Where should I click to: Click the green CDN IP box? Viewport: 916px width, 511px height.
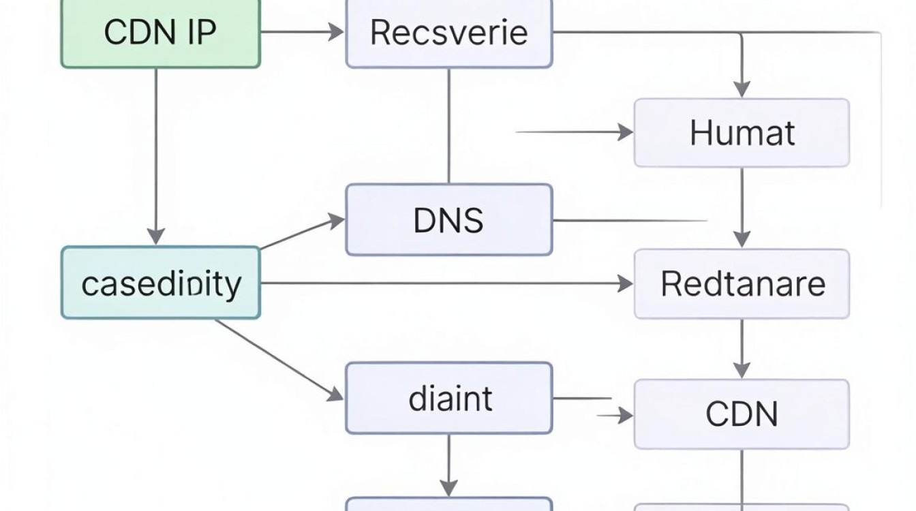point(161,33)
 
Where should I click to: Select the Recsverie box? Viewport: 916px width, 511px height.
point(449,33)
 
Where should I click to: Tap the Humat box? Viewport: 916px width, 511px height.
point(742,133)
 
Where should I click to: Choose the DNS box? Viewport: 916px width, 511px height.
point(449,220)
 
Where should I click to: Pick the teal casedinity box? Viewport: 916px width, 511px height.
point(161,283)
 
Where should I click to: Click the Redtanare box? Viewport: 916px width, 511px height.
point(742,283)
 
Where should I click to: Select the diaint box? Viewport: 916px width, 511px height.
point(449,398)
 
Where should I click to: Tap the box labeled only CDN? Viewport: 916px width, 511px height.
point(742,414)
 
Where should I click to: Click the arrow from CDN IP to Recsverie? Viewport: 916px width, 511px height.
point(303,31)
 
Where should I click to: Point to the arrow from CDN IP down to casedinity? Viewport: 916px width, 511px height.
point(156,157)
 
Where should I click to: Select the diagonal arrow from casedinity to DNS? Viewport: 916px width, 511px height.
point(303,232)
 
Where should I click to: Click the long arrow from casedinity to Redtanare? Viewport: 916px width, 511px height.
point(447,283)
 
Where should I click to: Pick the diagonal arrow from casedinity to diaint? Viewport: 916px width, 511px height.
point(279,360)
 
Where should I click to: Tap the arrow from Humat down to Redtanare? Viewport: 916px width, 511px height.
point(742,207)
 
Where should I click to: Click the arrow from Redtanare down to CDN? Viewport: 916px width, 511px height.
point(742,349)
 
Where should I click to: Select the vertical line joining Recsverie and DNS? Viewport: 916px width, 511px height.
point(449,126)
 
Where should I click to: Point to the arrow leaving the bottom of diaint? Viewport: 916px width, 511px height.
point(449,465)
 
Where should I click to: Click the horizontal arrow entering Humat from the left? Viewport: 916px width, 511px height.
point(575,132)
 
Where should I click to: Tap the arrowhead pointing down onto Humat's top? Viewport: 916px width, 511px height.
point(742,89)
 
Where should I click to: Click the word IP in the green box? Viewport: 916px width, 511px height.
point(202,33)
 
